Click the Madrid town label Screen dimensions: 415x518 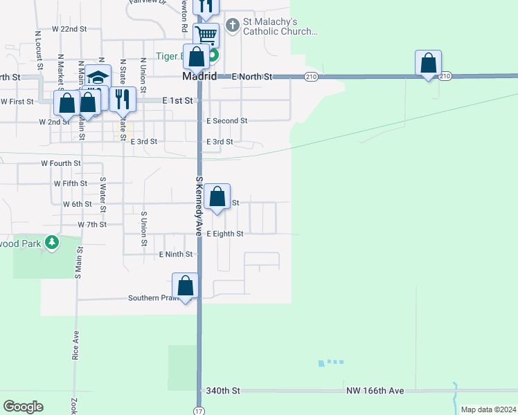click(x=199, y=76)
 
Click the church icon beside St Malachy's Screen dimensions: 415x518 click(x=233, y=25)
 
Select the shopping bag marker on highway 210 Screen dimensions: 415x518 click(x=429, y=64)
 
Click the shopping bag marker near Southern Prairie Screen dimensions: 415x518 click(x=186, y=286)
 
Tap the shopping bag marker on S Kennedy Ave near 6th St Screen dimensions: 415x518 click(x=217, y=197)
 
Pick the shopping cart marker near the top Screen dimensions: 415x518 click(x=206, y=35)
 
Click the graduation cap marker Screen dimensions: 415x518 click(x=98, y=77)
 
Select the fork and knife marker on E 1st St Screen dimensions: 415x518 click(x=123, y=99)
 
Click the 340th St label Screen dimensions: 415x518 click(x=223, y=391)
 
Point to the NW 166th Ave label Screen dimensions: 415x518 click(x=375, y=391)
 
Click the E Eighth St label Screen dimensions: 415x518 click(x=225, y=234)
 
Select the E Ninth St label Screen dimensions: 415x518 click(x=176, y=255)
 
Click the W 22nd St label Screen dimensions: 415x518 click(x=69, y=30)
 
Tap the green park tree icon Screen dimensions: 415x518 click(x=51, y=242)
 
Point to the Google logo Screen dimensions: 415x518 click(x=24, y=407)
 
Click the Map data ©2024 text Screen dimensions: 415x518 click(x=488, y=409)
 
